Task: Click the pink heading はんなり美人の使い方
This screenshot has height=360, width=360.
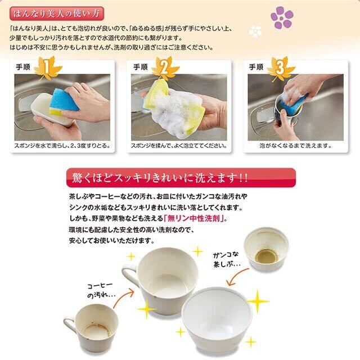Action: pos(57,13)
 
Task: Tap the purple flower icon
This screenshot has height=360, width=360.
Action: pos(282,17)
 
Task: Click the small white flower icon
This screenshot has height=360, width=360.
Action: pos(255,31)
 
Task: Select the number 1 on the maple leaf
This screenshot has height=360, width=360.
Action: pos(46,67)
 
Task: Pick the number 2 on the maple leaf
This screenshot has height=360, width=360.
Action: pos(164,67)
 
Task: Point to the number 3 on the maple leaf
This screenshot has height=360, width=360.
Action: pos(280,67)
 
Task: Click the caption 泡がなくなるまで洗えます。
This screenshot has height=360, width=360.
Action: pos(295,146)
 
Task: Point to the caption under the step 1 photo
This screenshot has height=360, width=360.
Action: pos(62,146)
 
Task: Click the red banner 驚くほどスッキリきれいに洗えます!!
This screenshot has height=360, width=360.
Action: pos(181,178)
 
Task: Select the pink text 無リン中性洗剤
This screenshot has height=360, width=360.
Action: pos(194,218)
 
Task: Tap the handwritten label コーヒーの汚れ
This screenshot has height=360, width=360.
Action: pos(101,290)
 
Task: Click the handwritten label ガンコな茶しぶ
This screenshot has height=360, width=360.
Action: pos(226,260)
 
